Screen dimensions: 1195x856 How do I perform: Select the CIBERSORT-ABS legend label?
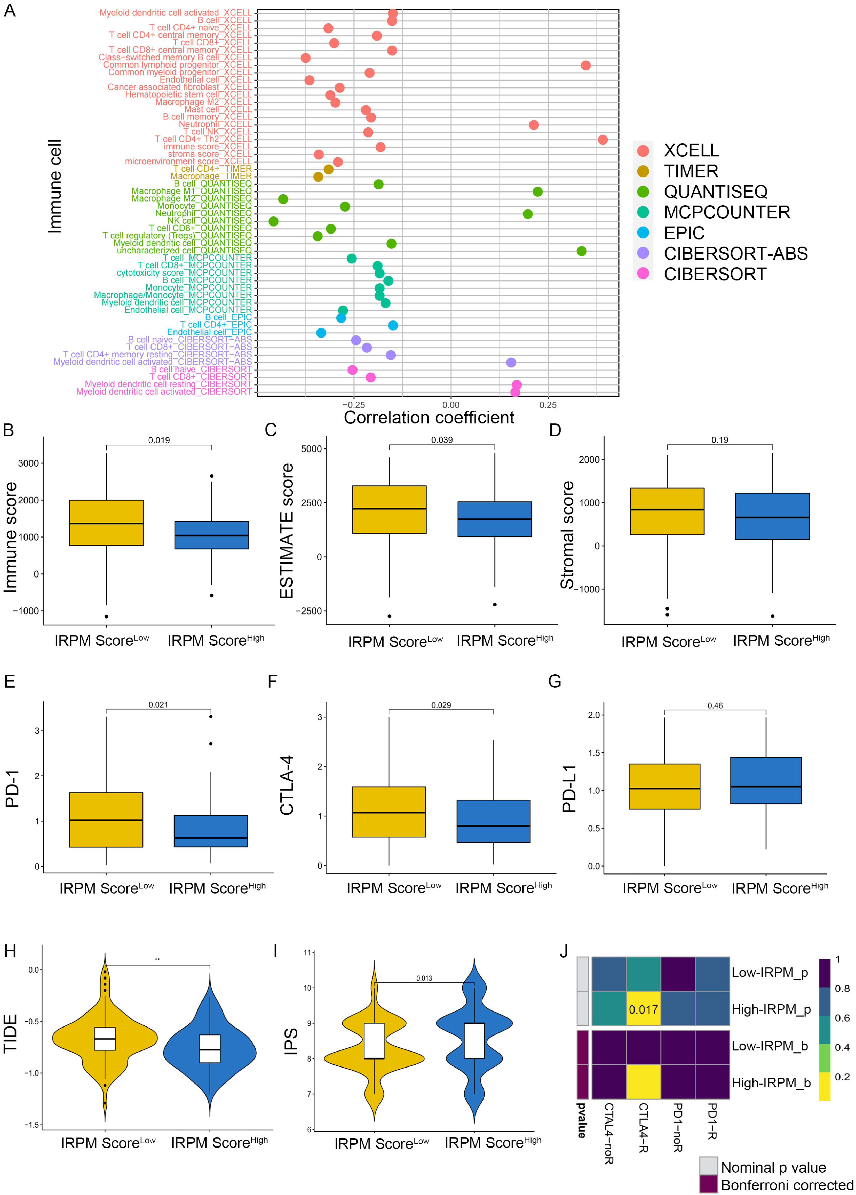point(735,253)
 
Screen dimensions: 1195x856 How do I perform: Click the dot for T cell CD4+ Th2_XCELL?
point(603,140)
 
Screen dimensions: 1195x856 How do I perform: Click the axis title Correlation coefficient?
point(429,418)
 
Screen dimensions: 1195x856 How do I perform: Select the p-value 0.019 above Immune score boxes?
point(159,440)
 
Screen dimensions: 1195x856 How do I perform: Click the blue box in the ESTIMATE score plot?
point(494,519)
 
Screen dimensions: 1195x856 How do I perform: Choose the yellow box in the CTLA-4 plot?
point(389,812)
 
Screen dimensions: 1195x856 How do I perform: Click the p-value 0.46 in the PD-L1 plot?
point(715,705)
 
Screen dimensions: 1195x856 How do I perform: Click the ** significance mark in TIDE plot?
point(157,959)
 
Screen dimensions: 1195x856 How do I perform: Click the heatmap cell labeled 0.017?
point(643,1009)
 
